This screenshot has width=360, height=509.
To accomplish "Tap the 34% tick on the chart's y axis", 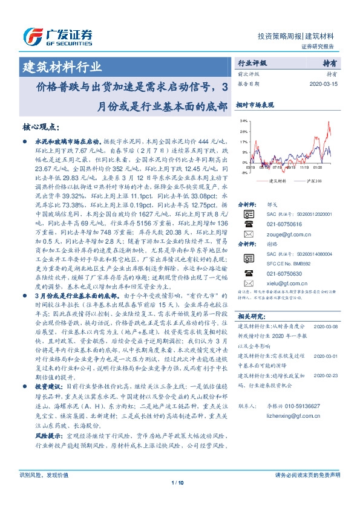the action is (243, 121).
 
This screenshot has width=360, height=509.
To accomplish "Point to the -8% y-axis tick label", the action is (244, 172).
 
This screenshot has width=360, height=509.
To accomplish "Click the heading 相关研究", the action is (251, 316).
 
